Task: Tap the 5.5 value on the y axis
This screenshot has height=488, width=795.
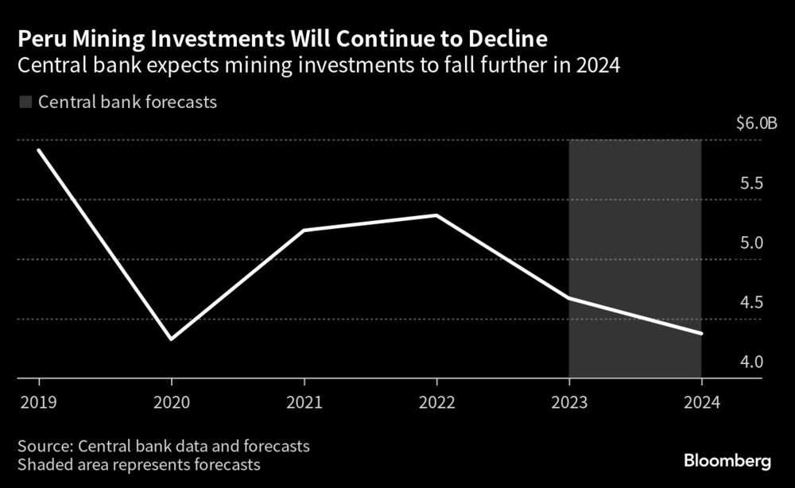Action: coord(751,184)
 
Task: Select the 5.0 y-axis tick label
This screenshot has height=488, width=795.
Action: coord(751,243)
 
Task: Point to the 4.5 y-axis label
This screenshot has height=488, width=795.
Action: coord(751,303)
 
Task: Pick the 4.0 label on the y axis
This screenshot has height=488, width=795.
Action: coord(751,362)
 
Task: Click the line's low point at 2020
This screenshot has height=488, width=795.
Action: coord(171,339)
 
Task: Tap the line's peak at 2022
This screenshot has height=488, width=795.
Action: coord(436,215)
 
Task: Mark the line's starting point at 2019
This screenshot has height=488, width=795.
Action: coord(38,149)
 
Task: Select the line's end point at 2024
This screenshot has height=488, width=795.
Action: coord(701,334)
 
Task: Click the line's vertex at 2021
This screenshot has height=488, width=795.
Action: coord(304,230)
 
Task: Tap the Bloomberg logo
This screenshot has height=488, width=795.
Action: coord(727,461)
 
